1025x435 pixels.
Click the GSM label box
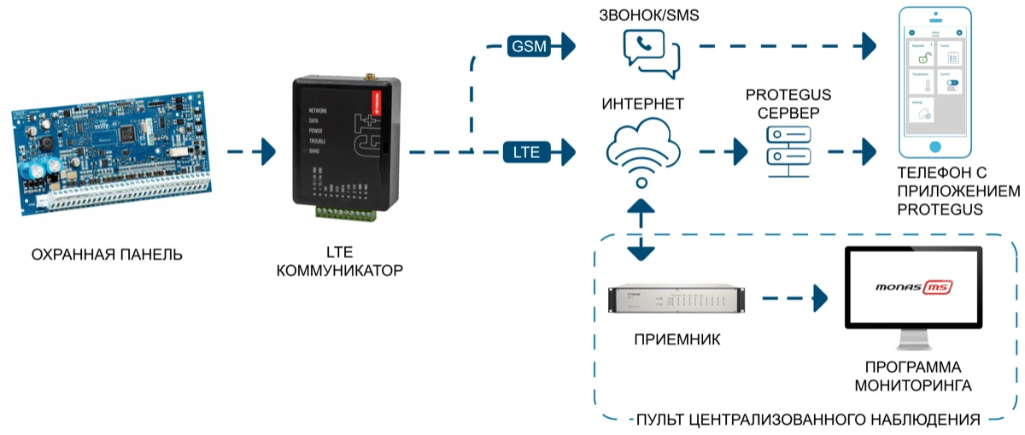pyautogui.click(x=529, y=46)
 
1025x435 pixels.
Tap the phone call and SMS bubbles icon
pyautogui.click(x=651, y=50)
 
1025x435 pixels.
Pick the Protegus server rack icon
pyautogui.click(x=788, y=153)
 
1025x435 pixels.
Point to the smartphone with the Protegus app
pyautogui.click(x=937, y=79)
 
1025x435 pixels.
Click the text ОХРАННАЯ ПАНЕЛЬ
pyautogui.click(x=107, y=255)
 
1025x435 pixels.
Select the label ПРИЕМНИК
pyautogui.click(x=677, y=339)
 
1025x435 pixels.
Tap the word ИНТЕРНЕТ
pyautogui.click(x=643, y=104)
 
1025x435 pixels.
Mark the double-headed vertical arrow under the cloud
pyautogui.click(x=640, y=231)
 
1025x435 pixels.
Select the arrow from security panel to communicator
pyautogui.click(x=252, y=153)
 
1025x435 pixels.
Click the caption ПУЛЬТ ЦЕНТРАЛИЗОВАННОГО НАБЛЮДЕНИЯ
pyautogui.click(x=807, y=420)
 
